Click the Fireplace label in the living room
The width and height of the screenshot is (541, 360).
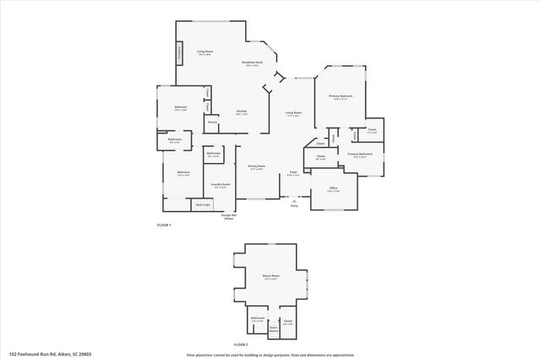coord(179,53)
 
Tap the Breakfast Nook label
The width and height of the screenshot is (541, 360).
coord(251,63)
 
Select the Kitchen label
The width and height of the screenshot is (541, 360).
coord(242,112)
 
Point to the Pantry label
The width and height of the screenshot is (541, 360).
coord(213,123)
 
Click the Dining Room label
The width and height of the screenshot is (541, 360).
coord(256,166)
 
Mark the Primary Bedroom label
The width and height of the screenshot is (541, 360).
coord(342,96)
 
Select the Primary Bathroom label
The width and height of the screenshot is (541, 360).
coord(360,155)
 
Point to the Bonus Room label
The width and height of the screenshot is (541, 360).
coord(271,276)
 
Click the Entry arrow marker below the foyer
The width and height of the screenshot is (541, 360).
coord(294,203)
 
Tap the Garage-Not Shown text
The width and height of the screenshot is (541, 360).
coord(228,216)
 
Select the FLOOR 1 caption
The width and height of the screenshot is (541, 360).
coord(164,225)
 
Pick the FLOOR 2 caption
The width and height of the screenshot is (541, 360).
coord(241,345)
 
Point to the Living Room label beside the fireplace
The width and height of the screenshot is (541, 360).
coord(205,52)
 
